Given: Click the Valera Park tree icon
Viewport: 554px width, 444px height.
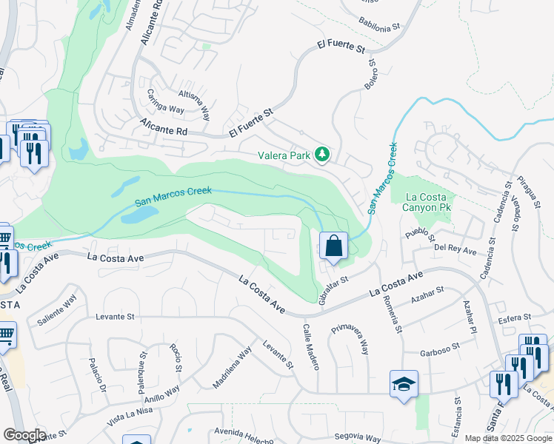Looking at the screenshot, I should pyautogui.click(x=322, y=155).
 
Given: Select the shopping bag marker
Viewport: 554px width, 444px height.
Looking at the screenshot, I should pyautogui.click(x=334, y=245).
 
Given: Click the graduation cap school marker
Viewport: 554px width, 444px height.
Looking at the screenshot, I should pyautogui.click(x=404, y=384).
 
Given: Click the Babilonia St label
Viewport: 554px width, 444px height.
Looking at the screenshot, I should pyautogui.click(x=379, y=24).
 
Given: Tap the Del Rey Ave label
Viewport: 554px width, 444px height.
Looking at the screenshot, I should pyautogui.click(x=455, y=250).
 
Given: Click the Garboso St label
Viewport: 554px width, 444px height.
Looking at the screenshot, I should pyautogui.click(x=440, y=346).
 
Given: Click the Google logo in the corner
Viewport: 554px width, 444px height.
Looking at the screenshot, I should pyautogui.click(x=24, y=434).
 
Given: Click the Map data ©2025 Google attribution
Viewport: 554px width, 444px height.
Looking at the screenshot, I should pyautogui.click(x=508, y=438).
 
